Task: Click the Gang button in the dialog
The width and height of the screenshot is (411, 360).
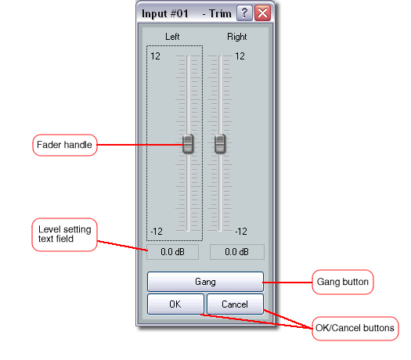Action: point(205,282)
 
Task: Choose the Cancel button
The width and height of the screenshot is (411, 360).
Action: point(235,304)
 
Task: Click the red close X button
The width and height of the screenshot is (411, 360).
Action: point(262,13)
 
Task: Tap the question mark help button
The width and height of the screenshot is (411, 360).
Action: point(244,13)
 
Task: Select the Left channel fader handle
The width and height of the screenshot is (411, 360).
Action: point(188,143)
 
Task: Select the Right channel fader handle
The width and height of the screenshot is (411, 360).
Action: point(220,143)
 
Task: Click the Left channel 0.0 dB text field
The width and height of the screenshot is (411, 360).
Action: point(172,252)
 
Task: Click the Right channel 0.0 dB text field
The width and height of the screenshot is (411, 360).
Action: point(237,252)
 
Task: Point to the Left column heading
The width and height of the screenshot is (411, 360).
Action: point(172,37)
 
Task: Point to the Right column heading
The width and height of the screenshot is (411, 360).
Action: point(236,37)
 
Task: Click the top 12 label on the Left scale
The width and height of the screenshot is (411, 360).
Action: point(155,56)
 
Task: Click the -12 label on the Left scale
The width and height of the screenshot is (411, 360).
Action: point(157,232)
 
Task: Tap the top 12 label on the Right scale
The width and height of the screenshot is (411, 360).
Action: point(240,56)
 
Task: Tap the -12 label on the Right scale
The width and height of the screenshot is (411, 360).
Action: point(241,232)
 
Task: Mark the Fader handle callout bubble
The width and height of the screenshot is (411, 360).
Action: point(65,145)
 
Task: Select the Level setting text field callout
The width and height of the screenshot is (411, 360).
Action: point(64,235)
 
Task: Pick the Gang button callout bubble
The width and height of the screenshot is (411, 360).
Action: point(343,282)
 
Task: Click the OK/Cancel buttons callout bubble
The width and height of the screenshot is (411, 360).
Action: point(355,328)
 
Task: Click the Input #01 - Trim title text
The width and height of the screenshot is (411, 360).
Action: point(186,13)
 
